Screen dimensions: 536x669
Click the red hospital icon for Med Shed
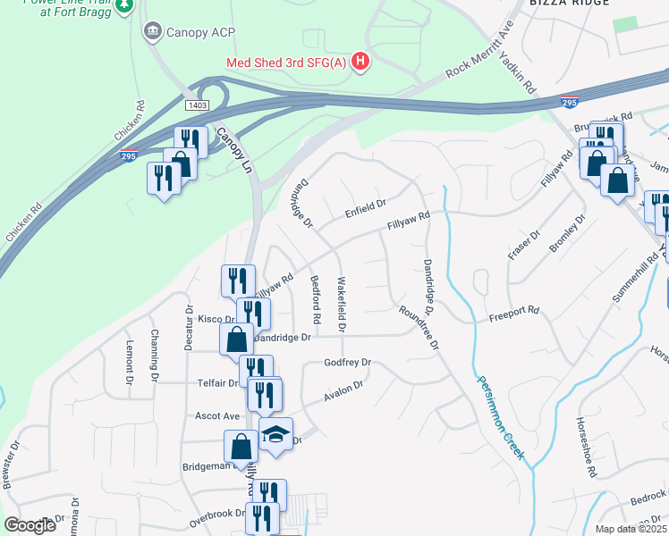pos(360,62)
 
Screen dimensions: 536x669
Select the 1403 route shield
pos(198,105)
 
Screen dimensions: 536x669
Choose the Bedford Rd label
pos(316,299)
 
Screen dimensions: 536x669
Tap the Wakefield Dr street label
pos(341,304)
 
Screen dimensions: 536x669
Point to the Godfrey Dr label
pos(347,364)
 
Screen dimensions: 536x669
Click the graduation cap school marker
pos(276,435)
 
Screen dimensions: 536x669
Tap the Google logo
pos(30,525)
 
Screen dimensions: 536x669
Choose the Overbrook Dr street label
pos(216,515)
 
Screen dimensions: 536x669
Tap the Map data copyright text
pos(631,529)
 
